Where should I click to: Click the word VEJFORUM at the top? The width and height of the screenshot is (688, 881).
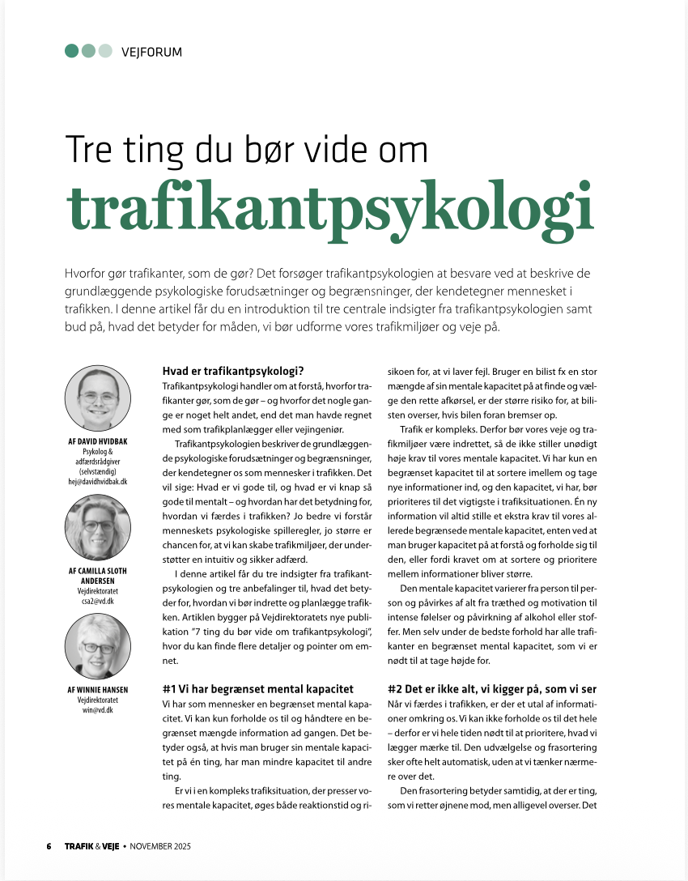[x=151, y=52]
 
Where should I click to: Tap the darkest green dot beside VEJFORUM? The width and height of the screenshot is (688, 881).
[x=71, y=51]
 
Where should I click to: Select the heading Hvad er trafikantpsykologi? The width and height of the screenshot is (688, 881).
[x=233, y=371]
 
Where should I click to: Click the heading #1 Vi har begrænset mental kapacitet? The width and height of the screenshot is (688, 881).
[x=258, y=688]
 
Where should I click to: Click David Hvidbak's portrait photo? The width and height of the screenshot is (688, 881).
[x=97, y=398]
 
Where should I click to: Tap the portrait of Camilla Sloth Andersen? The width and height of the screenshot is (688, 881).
[x=97, y=527]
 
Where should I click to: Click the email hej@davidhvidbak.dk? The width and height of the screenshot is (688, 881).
[x=97, y=481]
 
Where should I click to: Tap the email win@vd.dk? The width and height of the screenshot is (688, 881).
[x=97, y=710]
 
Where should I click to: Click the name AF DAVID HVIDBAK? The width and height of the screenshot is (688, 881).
[x=97, y=441]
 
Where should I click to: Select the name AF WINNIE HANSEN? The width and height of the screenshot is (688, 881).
[x=97, y=690]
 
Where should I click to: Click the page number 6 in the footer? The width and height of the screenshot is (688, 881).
[x=49, y=846]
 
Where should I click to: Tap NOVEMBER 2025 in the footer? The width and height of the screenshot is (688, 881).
[x=161, y=846]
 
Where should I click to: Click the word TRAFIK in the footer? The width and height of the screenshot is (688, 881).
[x=79, y=846]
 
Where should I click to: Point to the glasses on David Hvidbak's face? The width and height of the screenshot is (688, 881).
[x=97, y=397]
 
